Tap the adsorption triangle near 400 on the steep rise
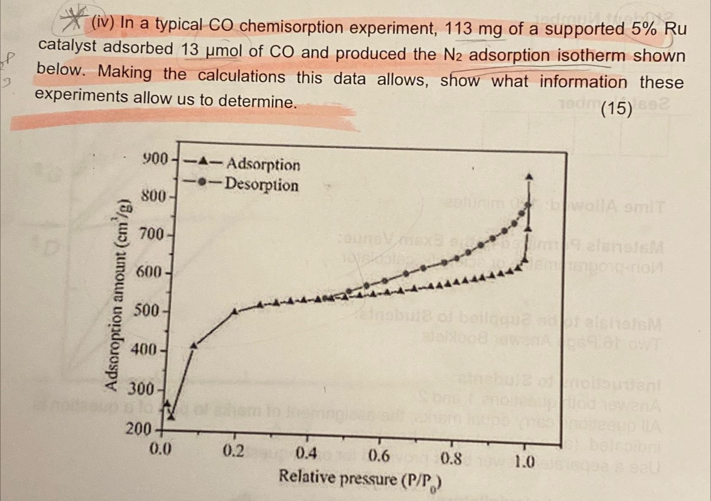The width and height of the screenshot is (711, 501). coord(194,346)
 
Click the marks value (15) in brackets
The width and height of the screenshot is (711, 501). coord(616,109)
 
